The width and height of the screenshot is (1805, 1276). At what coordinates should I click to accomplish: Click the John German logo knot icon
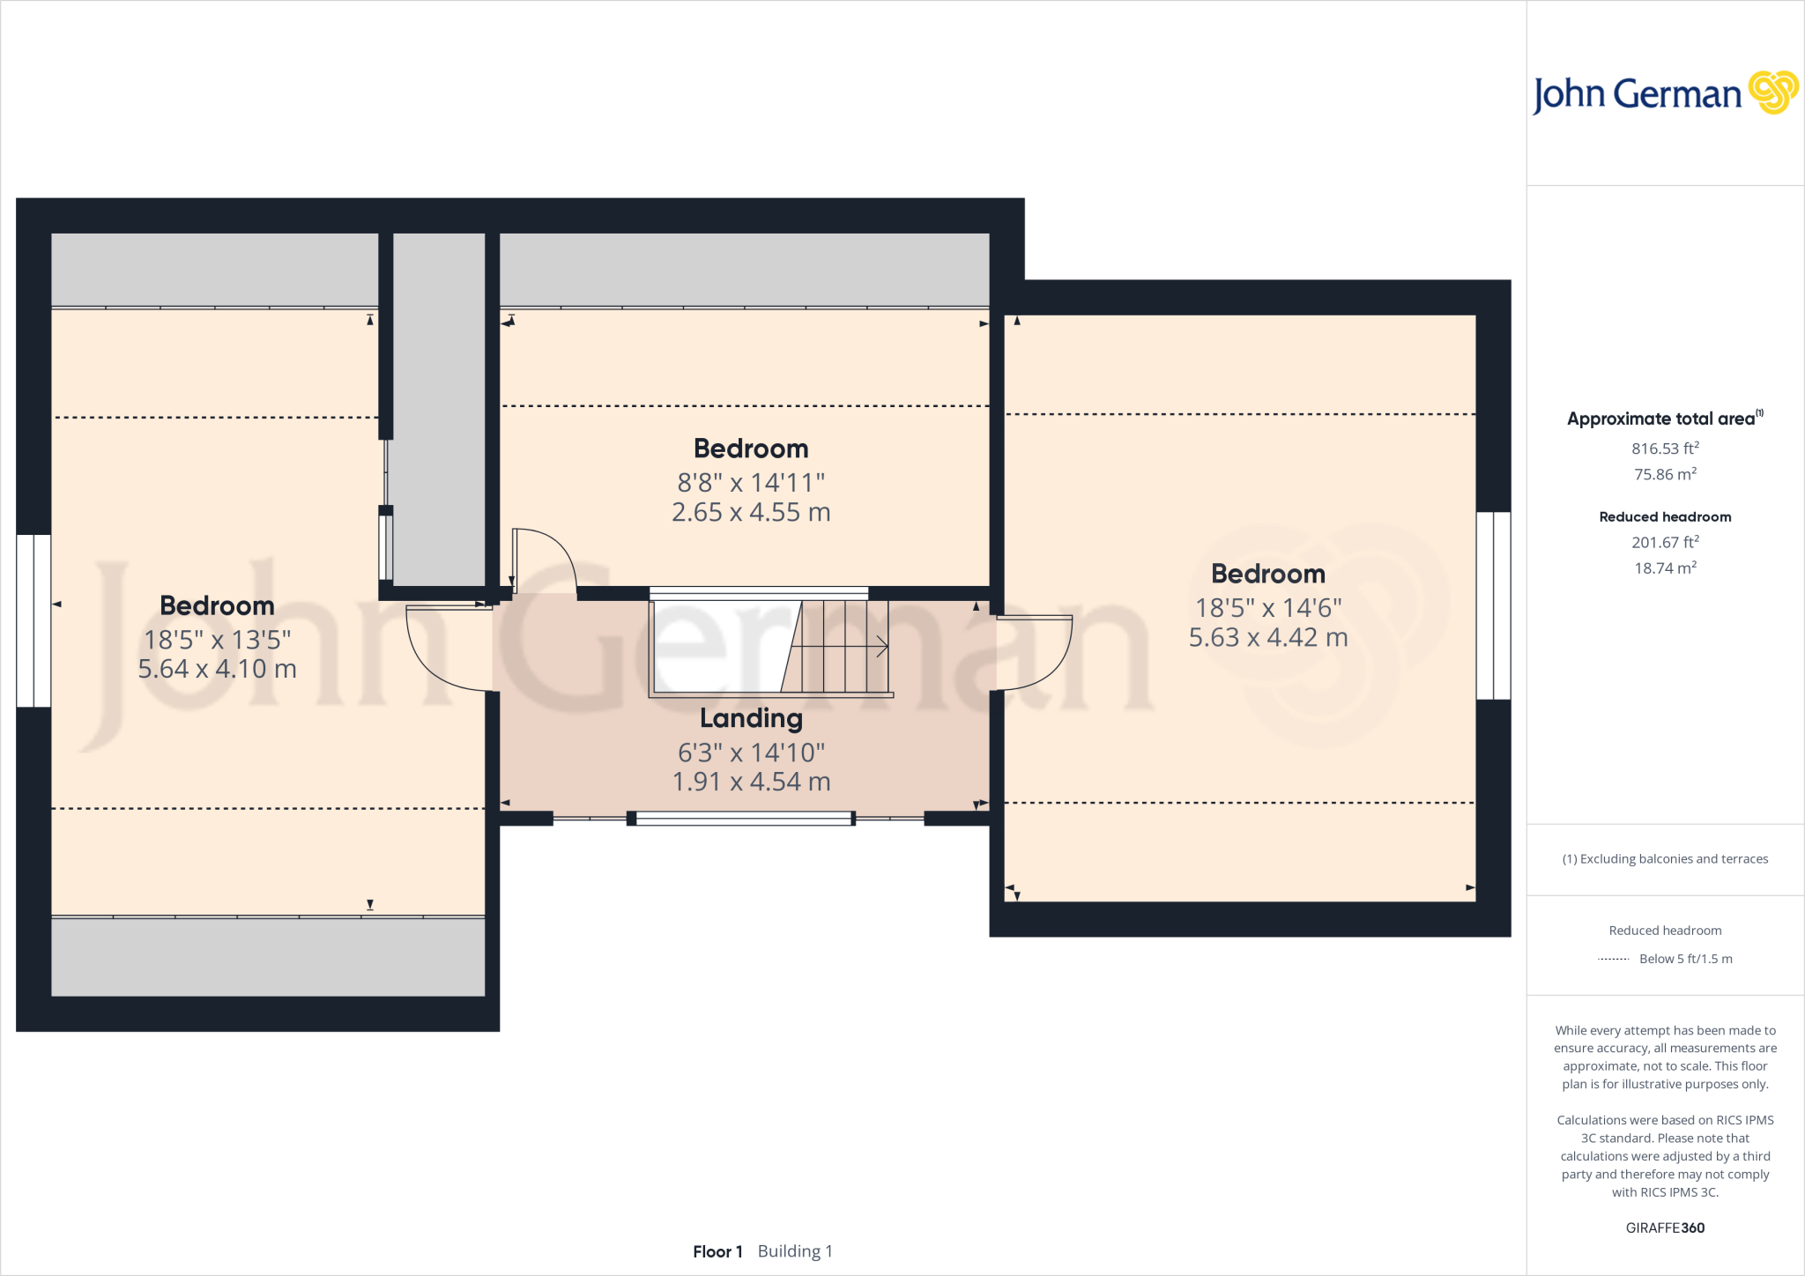(1773, 93)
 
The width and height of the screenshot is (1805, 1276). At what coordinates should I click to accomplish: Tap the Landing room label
(751, 719)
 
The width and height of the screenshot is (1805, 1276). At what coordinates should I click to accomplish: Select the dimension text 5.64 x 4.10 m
(217, 669)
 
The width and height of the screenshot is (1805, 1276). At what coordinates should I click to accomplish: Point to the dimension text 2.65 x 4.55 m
(751, 512)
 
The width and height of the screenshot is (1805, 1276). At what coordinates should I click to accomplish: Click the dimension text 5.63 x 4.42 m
(1268, 637)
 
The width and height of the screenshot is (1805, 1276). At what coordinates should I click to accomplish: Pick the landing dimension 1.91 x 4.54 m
(751, 782)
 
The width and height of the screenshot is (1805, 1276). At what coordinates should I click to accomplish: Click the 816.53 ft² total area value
(1665, 449)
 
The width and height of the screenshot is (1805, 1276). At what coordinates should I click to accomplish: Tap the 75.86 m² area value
(1665, 474)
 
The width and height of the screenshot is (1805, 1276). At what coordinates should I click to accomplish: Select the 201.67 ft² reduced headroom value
(1665, 542)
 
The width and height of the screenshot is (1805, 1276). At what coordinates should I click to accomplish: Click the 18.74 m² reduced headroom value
(1665, 568)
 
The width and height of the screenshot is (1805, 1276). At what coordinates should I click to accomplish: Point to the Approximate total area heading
(1665, 419)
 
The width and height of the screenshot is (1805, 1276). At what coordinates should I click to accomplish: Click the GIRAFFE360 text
(1665, 1228)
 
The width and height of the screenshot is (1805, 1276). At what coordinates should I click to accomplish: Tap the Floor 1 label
(717, 1251)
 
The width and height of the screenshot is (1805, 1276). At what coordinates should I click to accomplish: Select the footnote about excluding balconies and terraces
(1665, 859)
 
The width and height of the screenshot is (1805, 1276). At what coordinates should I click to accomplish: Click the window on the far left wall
(33, 620)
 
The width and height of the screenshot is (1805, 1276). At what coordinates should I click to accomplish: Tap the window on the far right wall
(1494, 605)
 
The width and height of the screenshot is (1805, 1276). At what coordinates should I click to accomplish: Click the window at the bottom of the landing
(741, 819)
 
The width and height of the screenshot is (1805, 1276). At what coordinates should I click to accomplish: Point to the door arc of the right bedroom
(1062, 665)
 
